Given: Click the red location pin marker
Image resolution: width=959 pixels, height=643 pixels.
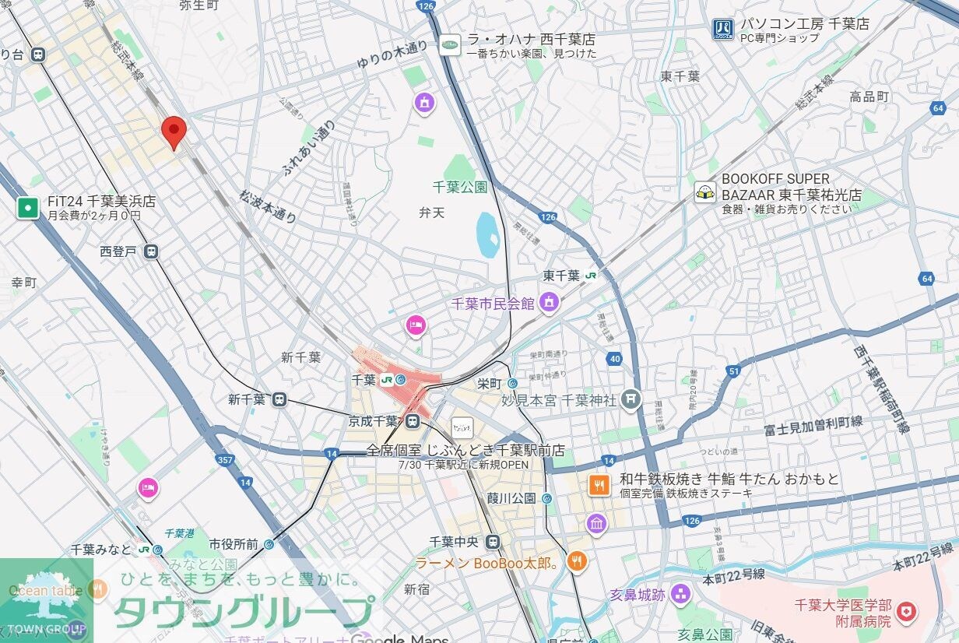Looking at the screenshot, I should pos(174,130).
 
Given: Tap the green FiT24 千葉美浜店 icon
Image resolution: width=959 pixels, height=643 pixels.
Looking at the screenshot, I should pos(28,208).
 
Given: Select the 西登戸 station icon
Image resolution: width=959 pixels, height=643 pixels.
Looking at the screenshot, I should pos(151,251).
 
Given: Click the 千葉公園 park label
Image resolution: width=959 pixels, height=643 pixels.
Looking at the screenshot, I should pos(459,187).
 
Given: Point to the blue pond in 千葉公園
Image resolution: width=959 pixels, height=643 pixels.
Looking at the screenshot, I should pos(488,234).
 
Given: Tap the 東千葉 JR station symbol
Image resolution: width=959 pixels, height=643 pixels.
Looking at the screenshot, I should pos(592,276).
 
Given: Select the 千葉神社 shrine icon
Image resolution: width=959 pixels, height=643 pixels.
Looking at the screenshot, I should pos(631,400).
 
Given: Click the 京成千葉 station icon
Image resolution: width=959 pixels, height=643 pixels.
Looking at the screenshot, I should pos(413,421).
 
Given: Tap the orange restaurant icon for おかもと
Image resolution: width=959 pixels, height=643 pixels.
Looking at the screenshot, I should pos(599,486).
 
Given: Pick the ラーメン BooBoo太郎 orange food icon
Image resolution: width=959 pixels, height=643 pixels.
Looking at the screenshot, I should pos(576,561).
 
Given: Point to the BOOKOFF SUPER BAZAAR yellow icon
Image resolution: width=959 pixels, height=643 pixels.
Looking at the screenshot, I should pos(705,192).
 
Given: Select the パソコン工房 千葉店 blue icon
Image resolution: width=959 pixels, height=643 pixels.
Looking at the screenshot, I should pos(722,30).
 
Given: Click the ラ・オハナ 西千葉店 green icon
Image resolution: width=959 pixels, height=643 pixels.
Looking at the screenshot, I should pos(450,45).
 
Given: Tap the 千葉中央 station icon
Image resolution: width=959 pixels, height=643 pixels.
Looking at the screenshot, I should pos(492,542).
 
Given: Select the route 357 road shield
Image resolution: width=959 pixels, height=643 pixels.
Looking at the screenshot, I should pos(225,460).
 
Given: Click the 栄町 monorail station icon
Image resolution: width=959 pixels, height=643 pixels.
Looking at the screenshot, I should pos(513,383).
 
